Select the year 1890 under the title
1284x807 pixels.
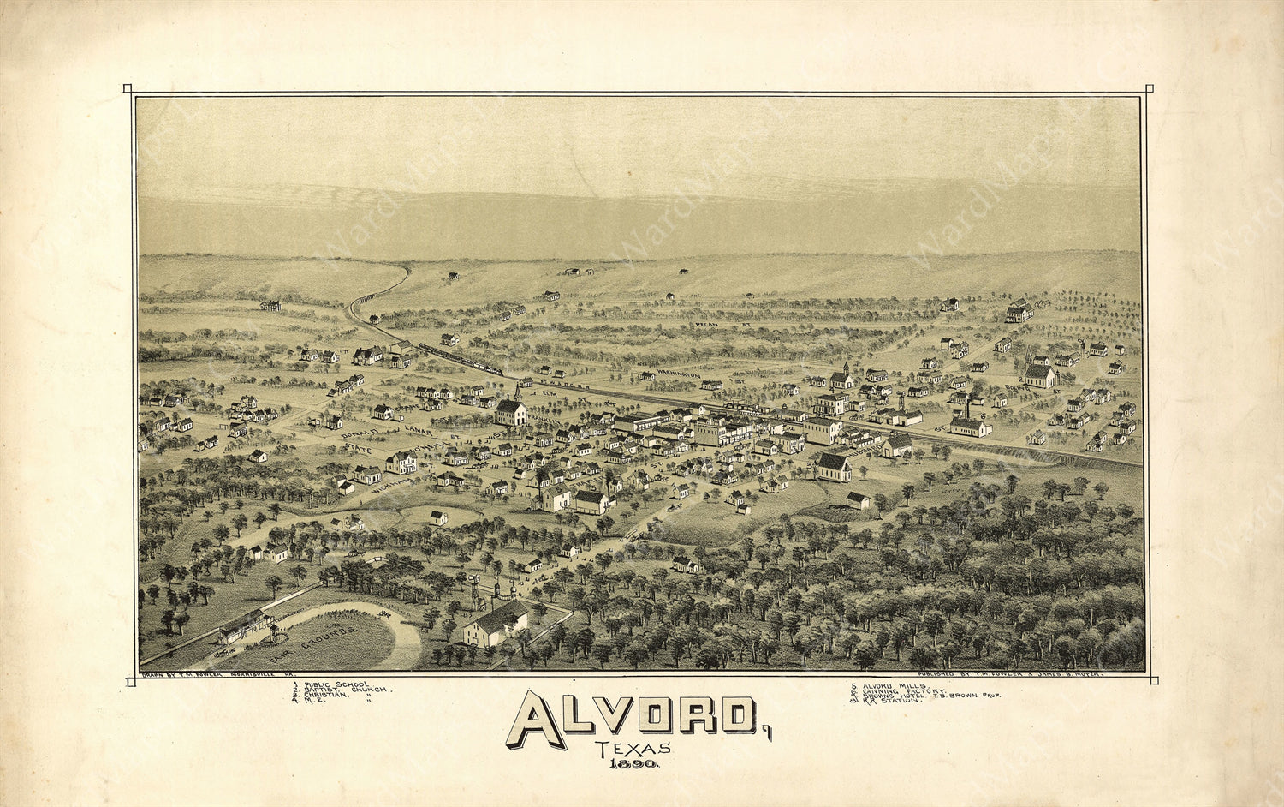634,764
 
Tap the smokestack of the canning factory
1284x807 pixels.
967,406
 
